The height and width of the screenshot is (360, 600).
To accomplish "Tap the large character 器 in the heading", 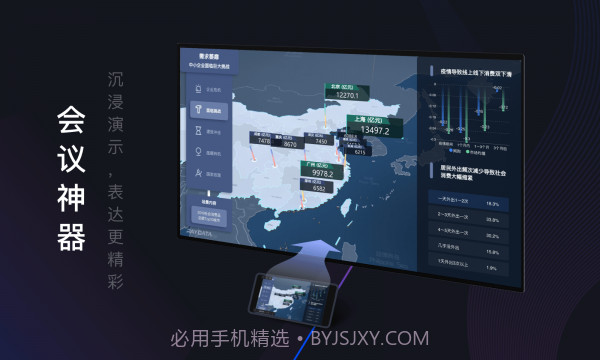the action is point(71,238).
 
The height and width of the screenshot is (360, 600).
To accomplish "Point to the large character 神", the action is point(71,199).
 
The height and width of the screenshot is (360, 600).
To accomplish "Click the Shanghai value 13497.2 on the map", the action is point(373,130).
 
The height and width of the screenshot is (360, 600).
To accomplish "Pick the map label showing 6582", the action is point(320,187).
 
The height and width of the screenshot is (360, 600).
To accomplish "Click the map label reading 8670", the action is point(290,144).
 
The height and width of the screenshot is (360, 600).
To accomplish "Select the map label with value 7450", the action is point(321,142).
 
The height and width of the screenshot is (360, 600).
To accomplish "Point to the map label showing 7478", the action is point(264,142).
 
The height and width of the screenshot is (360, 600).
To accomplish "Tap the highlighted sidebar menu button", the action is point(212,110).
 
